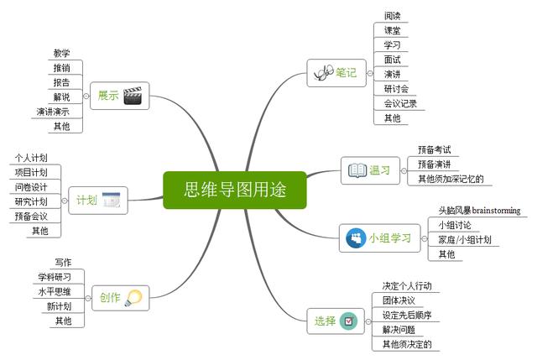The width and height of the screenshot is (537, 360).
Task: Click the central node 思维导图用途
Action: click(x=235, y=190)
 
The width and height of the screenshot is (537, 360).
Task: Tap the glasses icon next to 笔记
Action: click(x=322, y=73)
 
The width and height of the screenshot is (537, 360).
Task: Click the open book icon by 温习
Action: click(x=357, y=170)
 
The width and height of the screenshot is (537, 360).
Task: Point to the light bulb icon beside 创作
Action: click(x=133, y=296)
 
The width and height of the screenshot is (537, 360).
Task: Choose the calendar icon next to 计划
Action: click(x=112, y=200)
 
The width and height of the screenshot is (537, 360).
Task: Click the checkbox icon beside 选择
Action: click(x=348, y=321)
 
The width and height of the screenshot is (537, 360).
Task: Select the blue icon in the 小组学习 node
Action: click(x=354, y=238)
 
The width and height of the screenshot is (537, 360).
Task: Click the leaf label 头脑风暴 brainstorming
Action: click(x=478, y=210)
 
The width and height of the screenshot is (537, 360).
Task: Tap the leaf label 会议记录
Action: click(x=400, y=104)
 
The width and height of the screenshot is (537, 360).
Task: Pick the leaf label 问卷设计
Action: click(x=31, y=186)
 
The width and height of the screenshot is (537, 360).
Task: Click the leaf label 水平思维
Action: click(x=54, y=291)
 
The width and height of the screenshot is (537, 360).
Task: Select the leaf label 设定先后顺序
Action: click(x=407, y=315)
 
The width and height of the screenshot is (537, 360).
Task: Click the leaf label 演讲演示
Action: click(x=53, y=112)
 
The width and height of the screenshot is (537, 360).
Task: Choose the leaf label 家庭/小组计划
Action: click(x=464, y=239)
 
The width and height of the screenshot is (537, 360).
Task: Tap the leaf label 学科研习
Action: click(x=55, y=277)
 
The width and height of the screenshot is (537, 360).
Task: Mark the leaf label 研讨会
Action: click(x=396, y=89)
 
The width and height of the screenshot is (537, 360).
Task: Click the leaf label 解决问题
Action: click(x=399, y=329)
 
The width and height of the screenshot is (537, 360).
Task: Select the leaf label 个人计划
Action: click(x=31, y=157)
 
